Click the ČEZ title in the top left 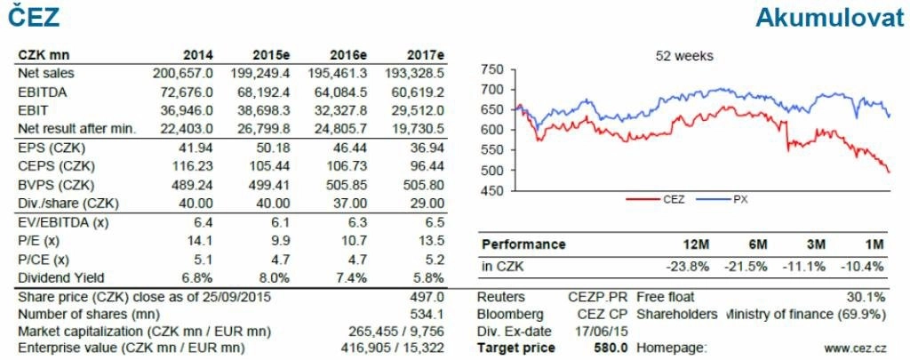click(30, 16)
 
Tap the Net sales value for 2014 click(182, 73)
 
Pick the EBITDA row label click(43, 92)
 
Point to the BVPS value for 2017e click(425, 185)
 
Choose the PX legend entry click(738, 200)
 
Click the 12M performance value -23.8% click(687, 265)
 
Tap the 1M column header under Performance click(874, 244)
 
